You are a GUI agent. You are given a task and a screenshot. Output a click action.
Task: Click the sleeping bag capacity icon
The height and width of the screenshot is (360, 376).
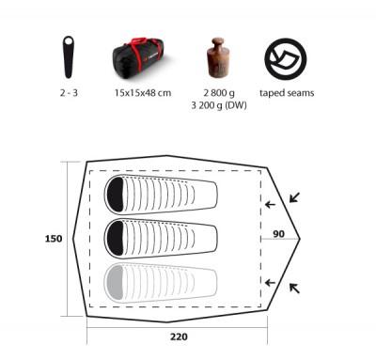point(69,57)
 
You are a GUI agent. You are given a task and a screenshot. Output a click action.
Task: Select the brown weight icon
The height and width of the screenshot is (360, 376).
point(217,57)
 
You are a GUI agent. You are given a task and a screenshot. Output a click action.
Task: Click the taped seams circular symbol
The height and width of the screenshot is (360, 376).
point(286,59)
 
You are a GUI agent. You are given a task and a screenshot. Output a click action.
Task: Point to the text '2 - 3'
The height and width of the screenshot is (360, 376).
point(69,93)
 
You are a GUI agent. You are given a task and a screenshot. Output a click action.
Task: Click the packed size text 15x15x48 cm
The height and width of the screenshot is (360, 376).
point(143,93)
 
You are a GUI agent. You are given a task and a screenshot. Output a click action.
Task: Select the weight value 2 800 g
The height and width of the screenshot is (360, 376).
point(219,93)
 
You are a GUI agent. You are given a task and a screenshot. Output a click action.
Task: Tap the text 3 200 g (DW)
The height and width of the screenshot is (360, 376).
point(219,105)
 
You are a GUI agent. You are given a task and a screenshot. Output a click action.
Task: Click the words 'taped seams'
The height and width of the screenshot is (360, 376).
point(287,93)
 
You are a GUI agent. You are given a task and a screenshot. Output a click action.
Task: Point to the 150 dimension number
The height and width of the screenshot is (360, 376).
point(54,239)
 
